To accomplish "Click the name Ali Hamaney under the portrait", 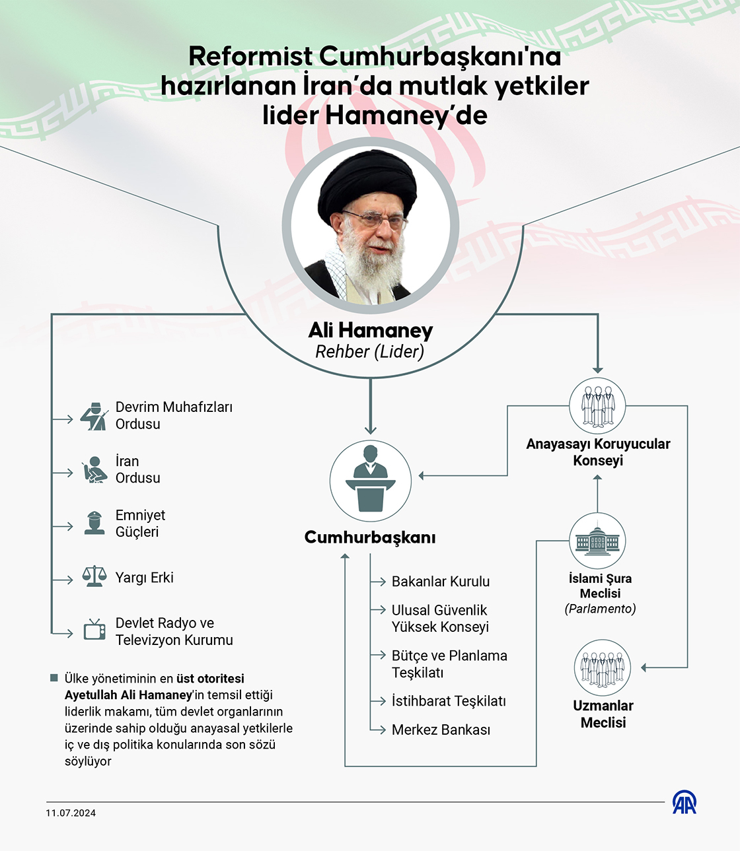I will (371, 330).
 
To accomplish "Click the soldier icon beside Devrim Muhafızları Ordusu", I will (94, 416).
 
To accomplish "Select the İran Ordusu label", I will (137, 469).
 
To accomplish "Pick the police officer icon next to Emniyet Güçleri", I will (94, 523).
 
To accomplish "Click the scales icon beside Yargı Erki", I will (94, 576).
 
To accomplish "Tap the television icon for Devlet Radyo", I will (94, 630).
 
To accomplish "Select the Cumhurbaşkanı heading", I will (370, 537).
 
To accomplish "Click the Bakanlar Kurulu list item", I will (441, 582).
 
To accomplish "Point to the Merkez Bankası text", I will (441, 730).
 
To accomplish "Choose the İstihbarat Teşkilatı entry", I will (449, 701).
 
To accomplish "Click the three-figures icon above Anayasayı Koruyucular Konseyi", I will (598, 405).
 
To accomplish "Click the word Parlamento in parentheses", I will (600, 609).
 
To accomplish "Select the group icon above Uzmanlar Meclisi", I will (603, 667).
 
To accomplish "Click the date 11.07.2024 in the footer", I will (71, 813).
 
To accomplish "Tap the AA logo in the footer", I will (684, 803).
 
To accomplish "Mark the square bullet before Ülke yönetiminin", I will (54, 678).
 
